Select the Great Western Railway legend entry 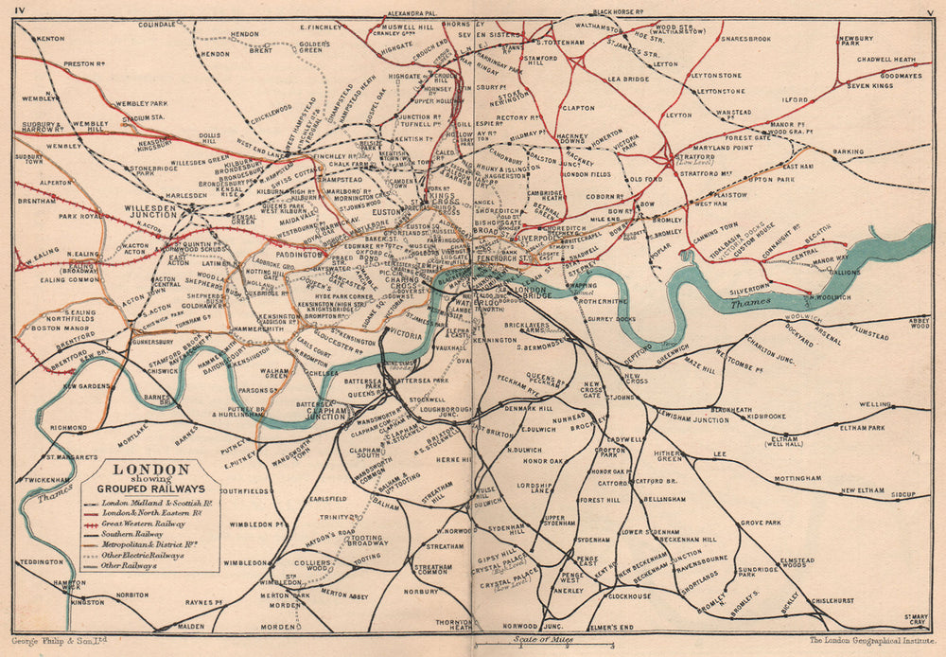coord(142,523)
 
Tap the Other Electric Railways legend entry coord(142,556)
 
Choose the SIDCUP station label coord(903,495)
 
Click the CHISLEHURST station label coord(832,599)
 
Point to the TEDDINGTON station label coord(40,562)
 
